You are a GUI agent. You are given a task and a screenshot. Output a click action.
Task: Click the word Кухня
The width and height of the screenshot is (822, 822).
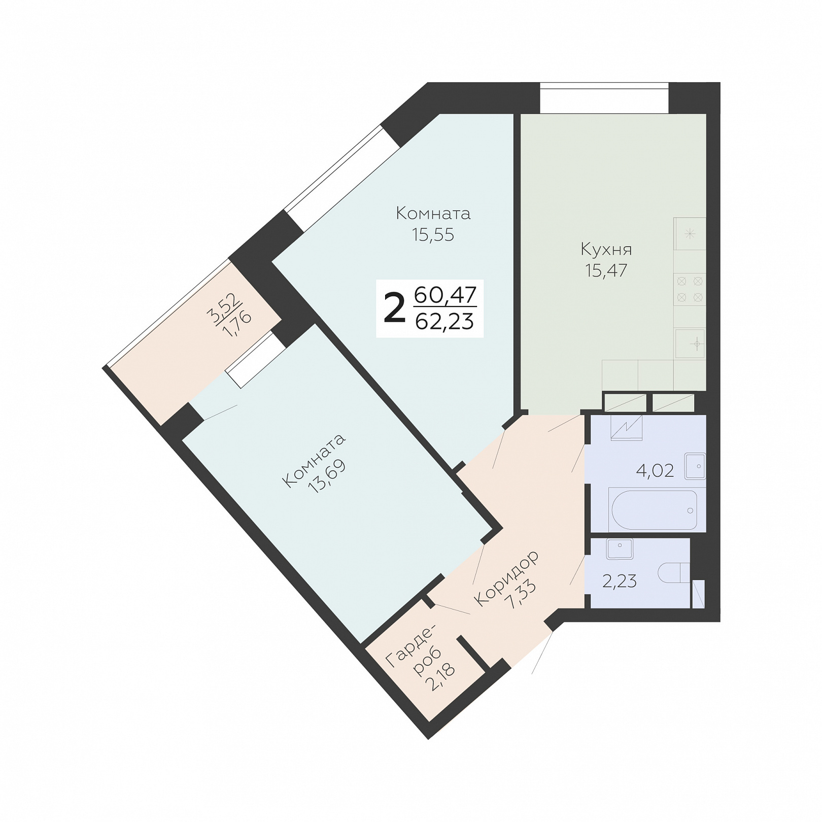click(x=606, y=250)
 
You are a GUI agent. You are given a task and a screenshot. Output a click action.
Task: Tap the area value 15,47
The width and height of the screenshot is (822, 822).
click(x=606, y=270)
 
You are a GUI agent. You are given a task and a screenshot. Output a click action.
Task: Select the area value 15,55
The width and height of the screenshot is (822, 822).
click(x=433, y=235)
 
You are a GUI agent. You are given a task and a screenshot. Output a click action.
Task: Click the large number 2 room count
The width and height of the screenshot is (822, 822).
click(x=395, y=309)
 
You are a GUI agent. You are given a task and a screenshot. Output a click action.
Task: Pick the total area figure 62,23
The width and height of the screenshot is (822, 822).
click(x=444, y=321)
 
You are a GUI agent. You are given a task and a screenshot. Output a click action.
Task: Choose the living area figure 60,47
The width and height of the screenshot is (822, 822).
click(x=445, y=295)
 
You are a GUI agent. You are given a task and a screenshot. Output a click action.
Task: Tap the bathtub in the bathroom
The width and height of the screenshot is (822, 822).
click(x=655, y=509)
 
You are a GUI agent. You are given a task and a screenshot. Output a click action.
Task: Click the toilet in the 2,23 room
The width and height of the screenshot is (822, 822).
click(x=673, y=574)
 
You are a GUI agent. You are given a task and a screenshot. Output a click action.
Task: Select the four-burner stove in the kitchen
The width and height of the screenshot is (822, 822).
click(x=690, y=289)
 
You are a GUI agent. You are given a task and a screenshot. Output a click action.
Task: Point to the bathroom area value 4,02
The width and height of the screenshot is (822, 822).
click(x=655, y=471)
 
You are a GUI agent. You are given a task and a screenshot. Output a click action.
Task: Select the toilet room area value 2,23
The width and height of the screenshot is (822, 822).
click(x=620, y=581)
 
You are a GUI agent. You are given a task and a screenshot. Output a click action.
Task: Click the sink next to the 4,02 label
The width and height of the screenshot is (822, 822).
click(x=695, y=466)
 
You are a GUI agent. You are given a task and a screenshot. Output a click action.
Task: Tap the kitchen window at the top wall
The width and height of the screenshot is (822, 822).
click(x=604, y=98)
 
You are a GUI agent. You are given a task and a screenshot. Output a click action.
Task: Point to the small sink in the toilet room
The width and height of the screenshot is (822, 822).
click(x=620, y=549)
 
